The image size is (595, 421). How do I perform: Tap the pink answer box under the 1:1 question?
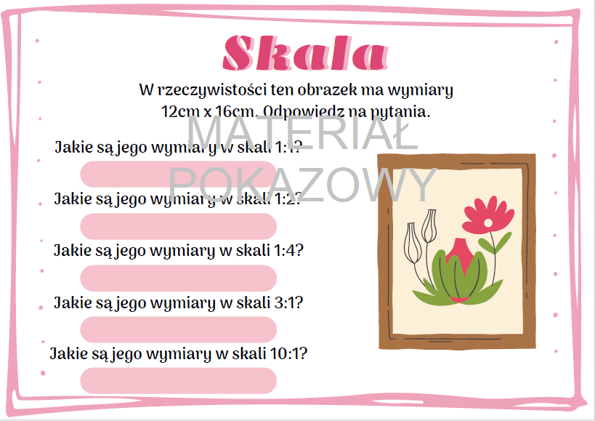[178, 174]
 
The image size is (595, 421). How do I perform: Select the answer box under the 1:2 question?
[178, 226]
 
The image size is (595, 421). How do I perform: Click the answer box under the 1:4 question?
[178, 278]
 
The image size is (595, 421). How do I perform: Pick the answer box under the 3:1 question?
[178, 329]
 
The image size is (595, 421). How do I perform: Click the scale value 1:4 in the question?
[288, 251]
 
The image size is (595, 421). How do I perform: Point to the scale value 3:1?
[288, 302]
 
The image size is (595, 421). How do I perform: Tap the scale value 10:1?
[291, 355]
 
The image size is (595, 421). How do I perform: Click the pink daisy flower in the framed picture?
[487, 216]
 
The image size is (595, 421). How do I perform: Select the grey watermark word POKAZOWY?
[303, 183]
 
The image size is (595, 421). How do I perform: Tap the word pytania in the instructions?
[402, 113]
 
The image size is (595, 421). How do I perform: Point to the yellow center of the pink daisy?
[488, 221]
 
